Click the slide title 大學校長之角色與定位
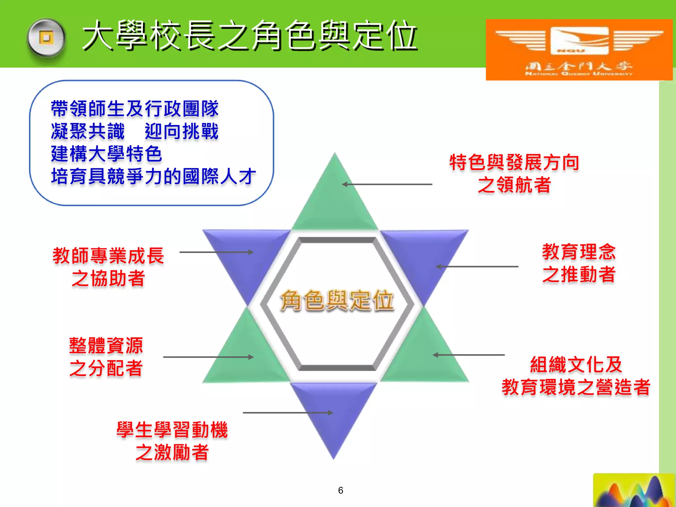250,36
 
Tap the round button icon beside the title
46,38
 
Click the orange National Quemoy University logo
579,50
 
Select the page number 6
341,490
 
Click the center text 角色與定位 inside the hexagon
337,300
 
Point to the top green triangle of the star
335,198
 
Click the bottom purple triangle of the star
333,413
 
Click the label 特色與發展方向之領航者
514,174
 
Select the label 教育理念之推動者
579,263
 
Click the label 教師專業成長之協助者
108,267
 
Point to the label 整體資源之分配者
106,357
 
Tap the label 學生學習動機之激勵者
172,441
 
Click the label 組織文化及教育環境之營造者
576,376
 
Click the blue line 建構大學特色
106,154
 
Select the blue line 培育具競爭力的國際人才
153,176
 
